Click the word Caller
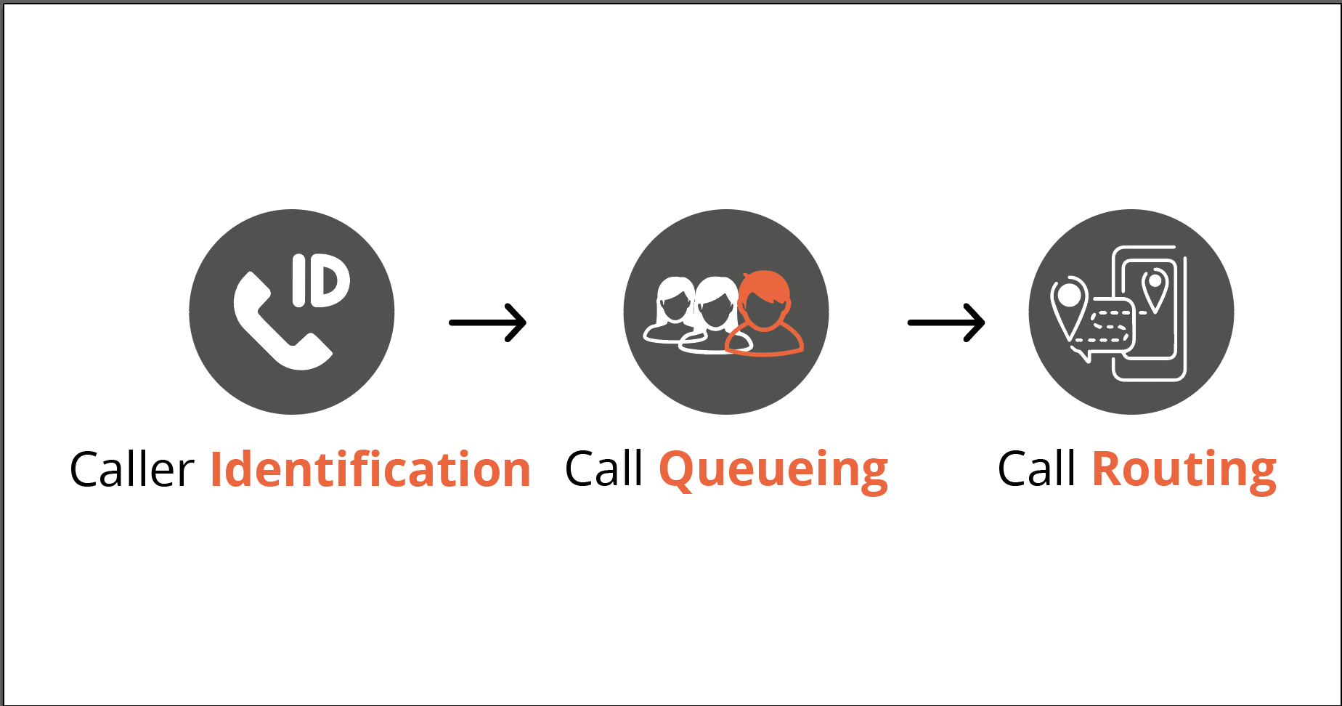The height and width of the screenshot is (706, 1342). coord(131,470)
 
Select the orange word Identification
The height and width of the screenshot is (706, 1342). coord(370,470)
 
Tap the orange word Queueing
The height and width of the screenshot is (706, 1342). coord(773,470)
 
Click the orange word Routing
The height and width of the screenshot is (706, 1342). coord(1184,470)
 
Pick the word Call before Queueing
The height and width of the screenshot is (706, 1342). coord(603,469)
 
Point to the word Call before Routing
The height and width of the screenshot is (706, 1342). coord(1036,469)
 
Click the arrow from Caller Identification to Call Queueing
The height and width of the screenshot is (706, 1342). coord(488,322)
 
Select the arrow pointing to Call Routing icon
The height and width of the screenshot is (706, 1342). coord(946,322)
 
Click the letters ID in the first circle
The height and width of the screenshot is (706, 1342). coord(321,280)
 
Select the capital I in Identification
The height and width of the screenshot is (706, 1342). coord(216,470)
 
